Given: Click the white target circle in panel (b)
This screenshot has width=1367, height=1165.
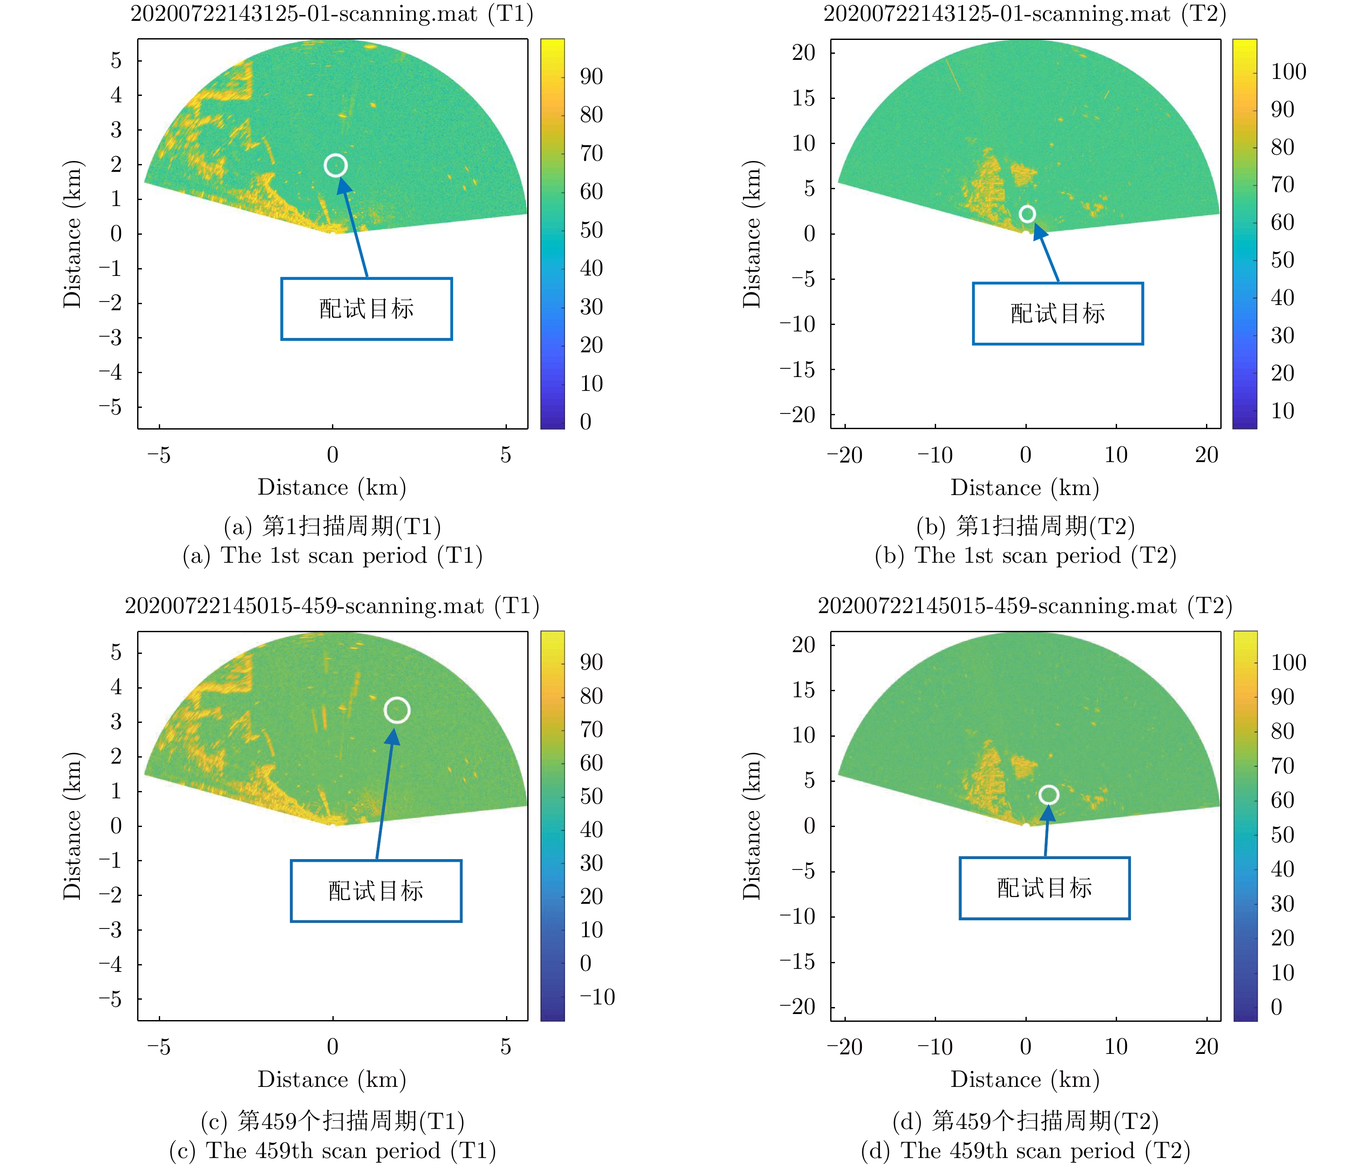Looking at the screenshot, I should [x=1027, y=214].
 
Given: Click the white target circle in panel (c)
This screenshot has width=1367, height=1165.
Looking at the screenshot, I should [x=397, y=710].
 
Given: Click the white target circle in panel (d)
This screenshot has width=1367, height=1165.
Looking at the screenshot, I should [x=1048, y=794].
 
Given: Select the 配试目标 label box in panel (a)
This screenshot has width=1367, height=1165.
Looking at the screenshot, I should [x=366, y=309].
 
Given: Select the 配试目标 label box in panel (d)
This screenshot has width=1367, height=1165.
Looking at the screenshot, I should [x=1045, y=888].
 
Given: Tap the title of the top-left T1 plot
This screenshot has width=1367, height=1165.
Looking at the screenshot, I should [x=332, y=14].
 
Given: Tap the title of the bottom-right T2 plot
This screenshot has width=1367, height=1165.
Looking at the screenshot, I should [x=1025, y=606].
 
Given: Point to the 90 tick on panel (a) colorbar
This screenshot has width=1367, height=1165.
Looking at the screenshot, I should [x=591, y=76].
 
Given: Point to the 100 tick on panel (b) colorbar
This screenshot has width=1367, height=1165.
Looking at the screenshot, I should [x=1288, y=71].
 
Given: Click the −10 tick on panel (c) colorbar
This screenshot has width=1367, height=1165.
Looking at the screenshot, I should [x=597, y=997].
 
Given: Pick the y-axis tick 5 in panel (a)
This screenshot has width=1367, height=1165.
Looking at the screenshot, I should [x=116, y=60].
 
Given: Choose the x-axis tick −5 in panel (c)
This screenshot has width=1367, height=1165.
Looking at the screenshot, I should [x=159, y=1046].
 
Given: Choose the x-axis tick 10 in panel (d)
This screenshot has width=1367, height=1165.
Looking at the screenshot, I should [x=1116, y=1046].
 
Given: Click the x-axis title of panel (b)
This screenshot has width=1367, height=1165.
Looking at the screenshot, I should [x=1025, y=488].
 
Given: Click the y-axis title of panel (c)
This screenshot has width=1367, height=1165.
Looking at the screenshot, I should [x=72, y=826].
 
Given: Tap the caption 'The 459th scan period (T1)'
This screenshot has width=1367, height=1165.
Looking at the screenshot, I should [x=332, y=1151].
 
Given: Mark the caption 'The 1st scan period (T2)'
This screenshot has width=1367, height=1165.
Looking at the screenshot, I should [x=1025, y=555].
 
